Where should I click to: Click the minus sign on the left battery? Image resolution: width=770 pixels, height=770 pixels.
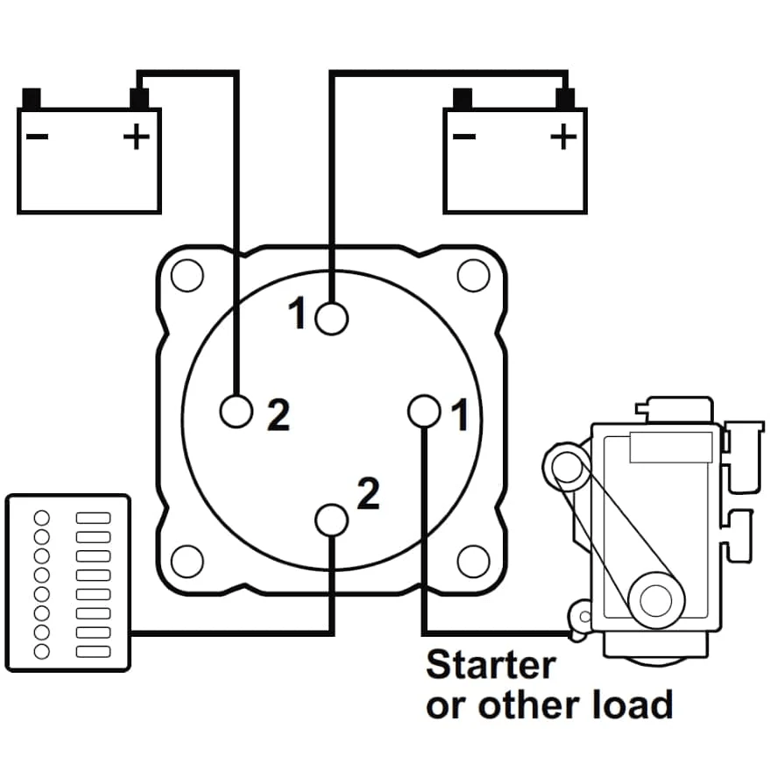37,136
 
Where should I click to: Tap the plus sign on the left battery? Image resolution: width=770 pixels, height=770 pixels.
136,136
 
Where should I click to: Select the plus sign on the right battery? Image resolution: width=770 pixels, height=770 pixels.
564,135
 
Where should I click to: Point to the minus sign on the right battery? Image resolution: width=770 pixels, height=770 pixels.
464,136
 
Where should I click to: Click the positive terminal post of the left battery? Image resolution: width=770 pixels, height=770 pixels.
138,97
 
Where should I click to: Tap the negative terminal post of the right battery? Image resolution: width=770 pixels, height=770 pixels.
463,97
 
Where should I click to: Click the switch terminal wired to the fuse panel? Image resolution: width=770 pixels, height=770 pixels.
331,519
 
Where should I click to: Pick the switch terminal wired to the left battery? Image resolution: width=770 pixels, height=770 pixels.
237,410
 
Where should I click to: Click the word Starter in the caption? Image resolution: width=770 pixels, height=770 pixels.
491,665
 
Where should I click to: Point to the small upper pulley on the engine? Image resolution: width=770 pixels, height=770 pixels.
567,467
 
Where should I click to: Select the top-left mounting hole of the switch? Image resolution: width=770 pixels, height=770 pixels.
187,276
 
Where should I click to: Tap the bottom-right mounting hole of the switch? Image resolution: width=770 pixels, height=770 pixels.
473,560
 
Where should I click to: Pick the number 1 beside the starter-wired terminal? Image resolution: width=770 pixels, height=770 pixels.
459,416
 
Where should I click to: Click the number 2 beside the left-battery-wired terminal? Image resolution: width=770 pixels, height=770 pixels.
277,417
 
